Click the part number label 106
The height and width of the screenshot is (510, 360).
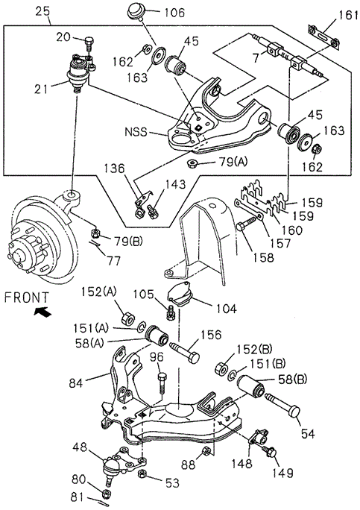(174, 13)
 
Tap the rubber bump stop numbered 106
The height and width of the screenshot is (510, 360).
(135, 11)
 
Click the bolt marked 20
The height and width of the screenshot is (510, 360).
(89, 43)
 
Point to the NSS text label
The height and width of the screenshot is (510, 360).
(136, 133)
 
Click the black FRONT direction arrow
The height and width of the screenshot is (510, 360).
(43, 312)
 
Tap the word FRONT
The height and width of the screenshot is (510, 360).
(27, 297)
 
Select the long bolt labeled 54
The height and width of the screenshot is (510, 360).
(283, 404)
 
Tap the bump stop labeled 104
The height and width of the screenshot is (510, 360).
(180, 295)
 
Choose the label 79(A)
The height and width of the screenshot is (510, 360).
(233, 162)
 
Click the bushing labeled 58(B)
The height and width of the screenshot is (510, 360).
(251, 385)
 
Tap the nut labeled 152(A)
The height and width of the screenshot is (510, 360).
(128, 318)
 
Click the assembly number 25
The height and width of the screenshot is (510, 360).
(43, 11)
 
